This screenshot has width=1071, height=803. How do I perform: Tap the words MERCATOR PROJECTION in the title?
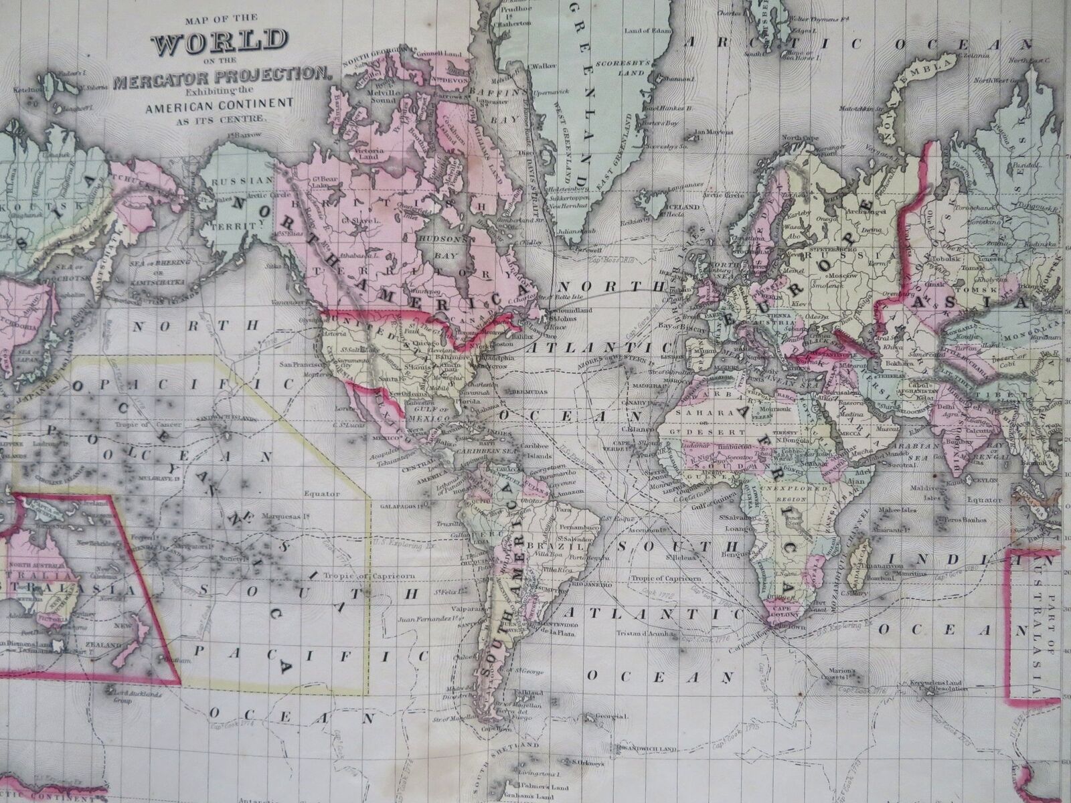tap(222, 82)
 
